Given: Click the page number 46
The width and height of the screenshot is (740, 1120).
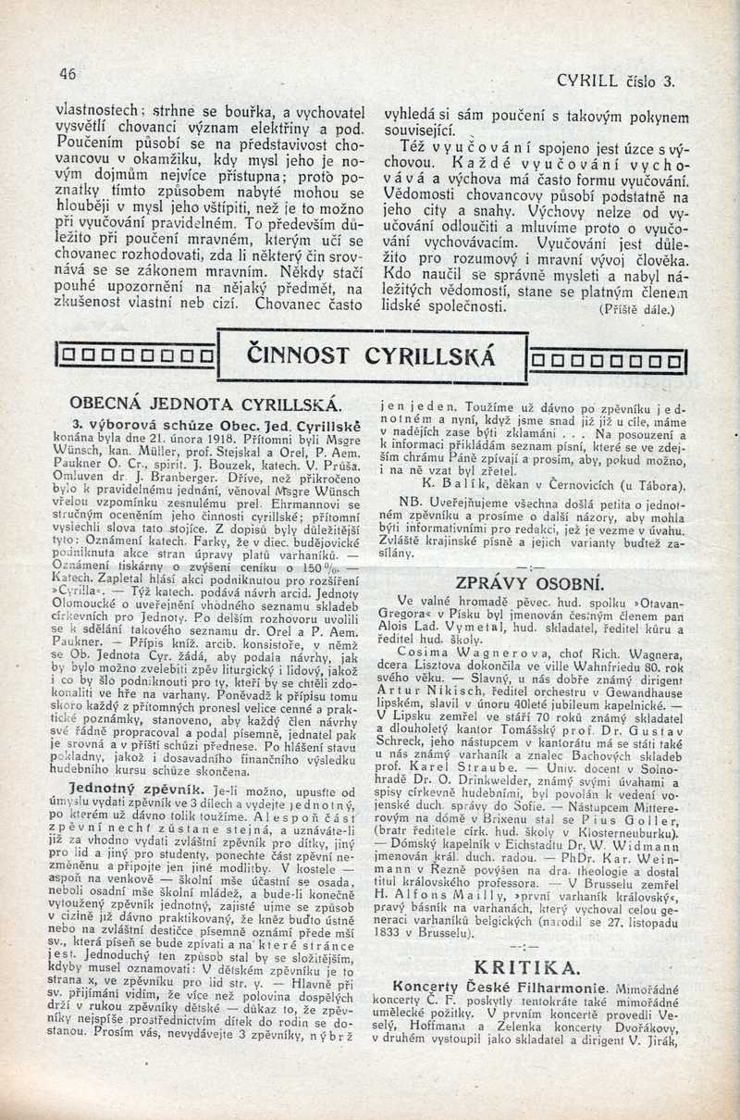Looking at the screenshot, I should click(x=67, y=74).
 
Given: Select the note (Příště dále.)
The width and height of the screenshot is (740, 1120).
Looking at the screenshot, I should click(x=637, y=310).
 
